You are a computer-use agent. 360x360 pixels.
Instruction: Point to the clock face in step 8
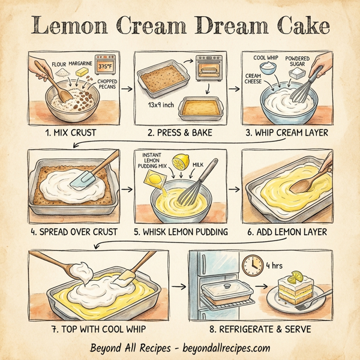(251, 265)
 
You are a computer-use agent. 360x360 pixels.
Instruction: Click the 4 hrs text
(274, 265)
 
